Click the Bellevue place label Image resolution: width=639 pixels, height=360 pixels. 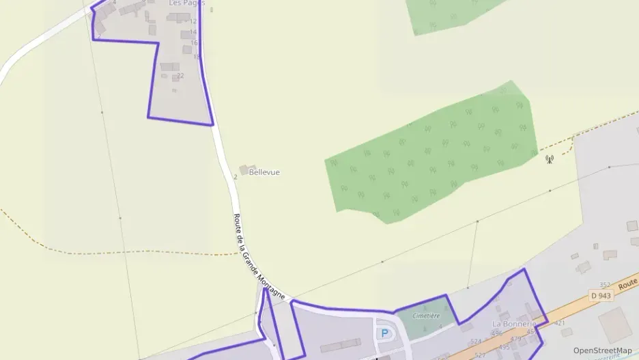[x=264, y=172]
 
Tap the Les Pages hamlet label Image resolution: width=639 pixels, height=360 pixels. [x=186, y=3]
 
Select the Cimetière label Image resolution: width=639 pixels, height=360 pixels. [x=426, y=316]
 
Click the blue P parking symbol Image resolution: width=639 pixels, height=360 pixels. [x=384, y=333]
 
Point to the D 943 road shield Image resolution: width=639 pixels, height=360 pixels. [x=601, y=295]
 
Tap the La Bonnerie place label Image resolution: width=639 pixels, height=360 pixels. [x=514, y=323]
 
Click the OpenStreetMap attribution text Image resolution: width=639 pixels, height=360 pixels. [x=602, y=350]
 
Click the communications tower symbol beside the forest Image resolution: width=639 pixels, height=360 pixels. [x=549, y=160]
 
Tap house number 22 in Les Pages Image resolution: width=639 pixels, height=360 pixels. [x=180, y=76]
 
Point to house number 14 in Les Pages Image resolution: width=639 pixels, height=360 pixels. [x=193, y=32]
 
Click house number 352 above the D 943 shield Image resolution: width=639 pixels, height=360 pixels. [x=604, y=285]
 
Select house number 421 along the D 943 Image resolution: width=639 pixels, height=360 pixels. [x=560, y=322]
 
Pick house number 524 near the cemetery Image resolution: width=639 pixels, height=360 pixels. [x=476, y=341]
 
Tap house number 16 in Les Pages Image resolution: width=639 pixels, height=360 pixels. [x=194, y=43]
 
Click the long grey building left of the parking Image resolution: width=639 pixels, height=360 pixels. [x=340, y=345]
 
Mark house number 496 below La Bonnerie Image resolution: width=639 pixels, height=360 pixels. [x=496, y=333]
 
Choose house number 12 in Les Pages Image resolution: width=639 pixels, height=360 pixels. [x=193, y=22]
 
